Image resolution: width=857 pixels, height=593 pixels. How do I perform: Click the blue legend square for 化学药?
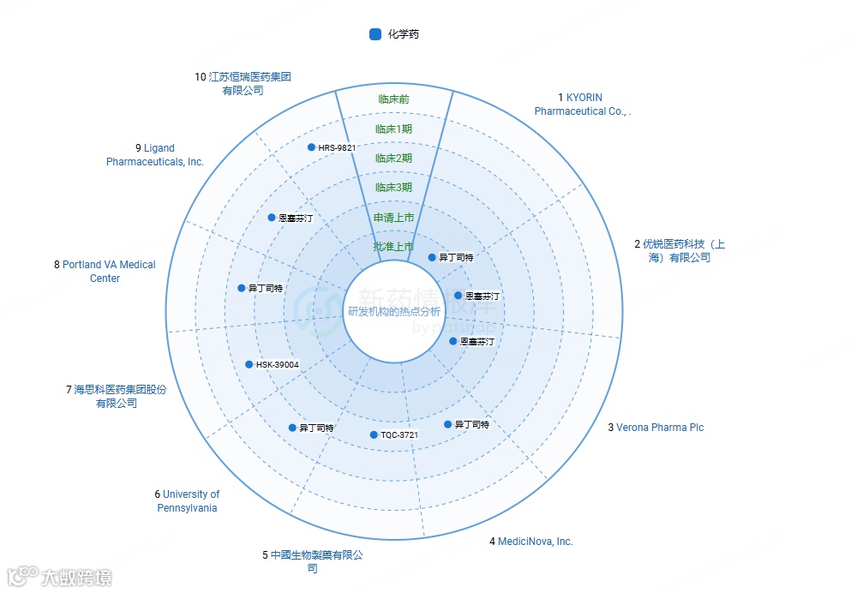coord(375,34)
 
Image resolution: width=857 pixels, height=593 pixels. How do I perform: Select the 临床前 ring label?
coord(394,99)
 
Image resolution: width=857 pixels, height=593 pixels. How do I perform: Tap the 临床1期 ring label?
coord(394,129)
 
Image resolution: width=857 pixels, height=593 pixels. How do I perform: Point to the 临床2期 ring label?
coord(394,158)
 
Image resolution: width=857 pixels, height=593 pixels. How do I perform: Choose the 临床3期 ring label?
coord(394,187)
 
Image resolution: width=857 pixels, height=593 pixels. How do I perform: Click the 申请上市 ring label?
coord(394,218)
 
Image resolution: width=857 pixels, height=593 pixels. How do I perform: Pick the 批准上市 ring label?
coord(394,247)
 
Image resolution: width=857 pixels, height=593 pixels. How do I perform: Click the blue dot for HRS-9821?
coord(311,147)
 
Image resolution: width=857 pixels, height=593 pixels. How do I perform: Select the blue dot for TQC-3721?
coord(374,435)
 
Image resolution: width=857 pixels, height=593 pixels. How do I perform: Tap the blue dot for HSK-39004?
coord(249,365)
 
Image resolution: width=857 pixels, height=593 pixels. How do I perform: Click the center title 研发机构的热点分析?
coord(394,311)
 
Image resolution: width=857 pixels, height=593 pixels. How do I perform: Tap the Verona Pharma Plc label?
coord(660,427)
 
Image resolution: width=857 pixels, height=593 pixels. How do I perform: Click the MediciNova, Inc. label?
coord(535,542)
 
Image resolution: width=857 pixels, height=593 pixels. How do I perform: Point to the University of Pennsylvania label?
coord(188,501)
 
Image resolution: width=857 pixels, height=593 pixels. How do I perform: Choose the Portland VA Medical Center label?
coord(105,272)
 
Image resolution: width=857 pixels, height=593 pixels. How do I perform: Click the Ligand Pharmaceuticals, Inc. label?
coord(156,155)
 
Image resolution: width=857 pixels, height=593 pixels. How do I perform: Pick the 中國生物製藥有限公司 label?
coord(314,561)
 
